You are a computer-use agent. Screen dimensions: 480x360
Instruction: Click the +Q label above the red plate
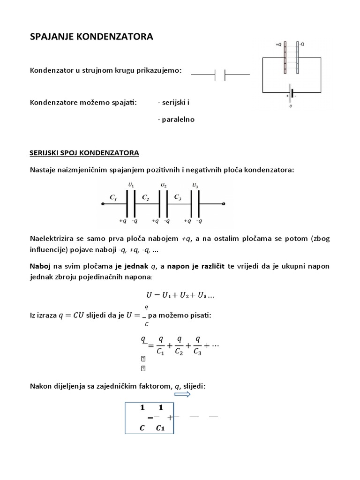[x=278, y=45]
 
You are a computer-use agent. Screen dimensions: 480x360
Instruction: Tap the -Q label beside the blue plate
[x=302, y=45]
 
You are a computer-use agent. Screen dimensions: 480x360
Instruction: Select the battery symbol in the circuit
[x=292, y=93]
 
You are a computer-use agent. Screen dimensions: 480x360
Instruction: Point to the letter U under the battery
[x=291, y=106]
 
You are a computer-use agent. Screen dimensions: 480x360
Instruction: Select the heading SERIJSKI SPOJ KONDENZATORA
[x=84, y=154]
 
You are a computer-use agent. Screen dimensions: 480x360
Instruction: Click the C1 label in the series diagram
[x=113, y=198]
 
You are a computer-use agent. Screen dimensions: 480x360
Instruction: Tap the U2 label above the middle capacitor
[x=163, y=186]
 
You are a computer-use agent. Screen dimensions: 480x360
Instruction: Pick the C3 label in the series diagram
[x=178, y=198]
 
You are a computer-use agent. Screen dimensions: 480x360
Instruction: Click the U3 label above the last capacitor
[x=195, y=186]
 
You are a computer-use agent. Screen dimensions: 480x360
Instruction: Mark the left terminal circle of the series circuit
[x=103, y=204]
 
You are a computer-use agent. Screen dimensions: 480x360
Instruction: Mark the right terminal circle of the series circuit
[x=224, y=204]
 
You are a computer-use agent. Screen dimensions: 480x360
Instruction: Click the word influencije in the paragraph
[x=50, y=249]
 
